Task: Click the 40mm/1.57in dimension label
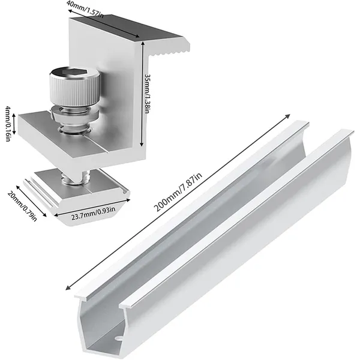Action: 85,9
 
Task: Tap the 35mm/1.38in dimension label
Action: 147,94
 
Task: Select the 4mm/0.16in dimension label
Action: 8,124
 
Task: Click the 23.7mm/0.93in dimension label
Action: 93,212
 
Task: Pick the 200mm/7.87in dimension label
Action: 178,192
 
